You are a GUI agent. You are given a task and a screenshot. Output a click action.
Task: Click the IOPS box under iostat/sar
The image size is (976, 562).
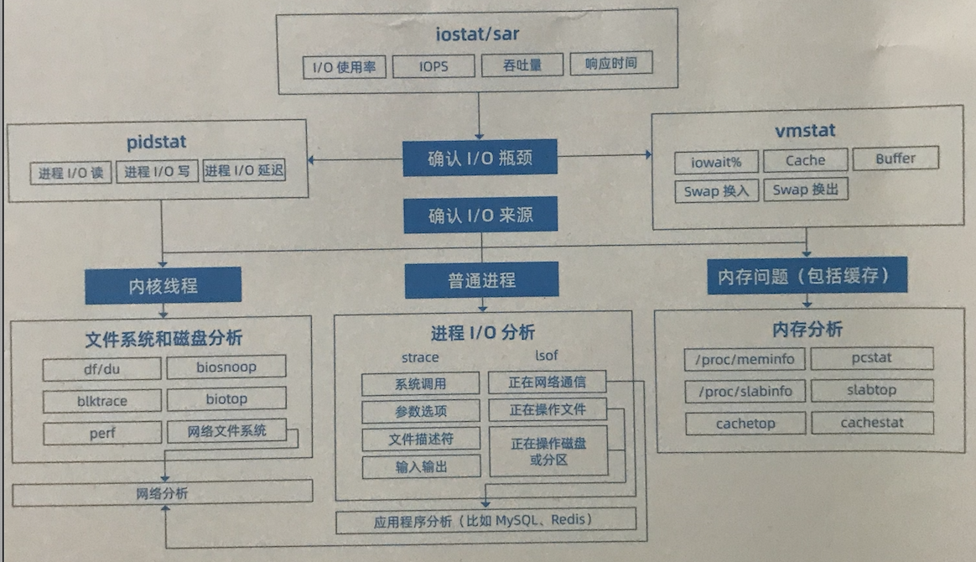pos(433,66)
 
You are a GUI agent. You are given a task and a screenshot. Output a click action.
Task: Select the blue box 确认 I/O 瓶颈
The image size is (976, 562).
pos(480,158)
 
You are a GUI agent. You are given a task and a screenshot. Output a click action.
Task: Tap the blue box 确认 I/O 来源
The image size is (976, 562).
pos(480,216)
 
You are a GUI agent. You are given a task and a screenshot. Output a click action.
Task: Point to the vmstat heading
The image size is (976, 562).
pos(805,131)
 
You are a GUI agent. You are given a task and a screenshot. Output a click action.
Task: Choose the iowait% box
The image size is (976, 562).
pos(716,160)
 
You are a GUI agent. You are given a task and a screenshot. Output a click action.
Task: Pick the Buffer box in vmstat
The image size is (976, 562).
pos(895,159)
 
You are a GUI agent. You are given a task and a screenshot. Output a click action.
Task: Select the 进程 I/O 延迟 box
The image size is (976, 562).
pos(244,171)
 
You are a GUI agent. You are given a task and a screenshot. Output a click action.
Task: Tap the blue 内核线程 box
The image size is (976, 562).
pos(163,285)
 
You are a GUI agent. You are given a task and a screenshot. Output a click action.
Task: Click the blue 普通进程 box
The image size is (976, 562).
pos(481,280)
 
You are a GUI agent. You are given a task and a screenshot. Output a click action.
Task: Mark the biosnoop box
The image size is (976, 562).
pos(226,367)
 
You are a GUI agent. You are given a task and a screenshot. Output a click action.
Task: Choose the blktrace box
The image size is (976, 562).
pos(102,401)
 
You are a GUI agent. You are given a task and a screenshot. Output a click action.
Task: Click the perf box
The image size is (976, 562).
pos(102,434)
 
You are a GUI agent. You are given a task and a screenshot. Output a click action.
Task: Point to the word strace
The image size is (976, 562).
pos(419,357)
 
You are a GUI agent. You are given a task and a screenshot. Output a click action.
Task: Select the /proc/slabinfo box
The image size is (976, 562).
pos(745,391)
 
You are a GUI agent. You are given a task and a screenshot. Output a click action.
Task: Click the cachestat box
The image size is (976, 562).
pos(872,423)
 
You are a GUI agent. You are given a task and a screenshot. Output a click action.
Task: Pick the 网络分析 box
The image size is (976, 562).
pos(163,493)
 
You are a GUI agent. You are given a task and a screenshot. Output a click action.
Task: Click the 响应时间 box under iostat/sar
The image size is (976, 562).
pos(610,64)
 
